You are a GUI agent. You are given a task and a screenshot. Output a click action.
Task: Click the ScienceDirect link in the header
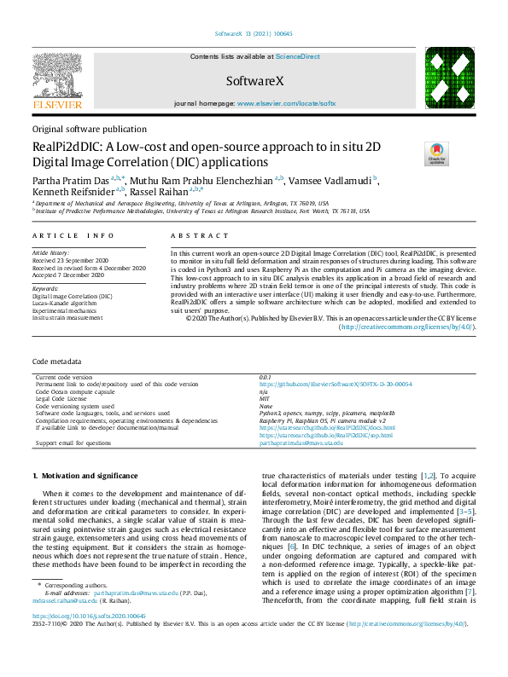pyautogui.click(x=297, y=55)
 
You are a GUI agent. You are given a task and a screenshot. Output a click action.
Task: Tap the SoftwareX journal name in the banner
pyautogui.click(x=254, y=81)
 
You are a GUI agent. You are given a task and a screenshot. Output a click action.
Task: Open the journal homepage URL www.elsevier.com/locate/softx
pyautogui.click(x=286, y=102)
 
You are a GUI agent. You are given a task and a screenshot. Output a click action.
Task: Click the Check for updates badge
pyautogui.click(x=437, y=153)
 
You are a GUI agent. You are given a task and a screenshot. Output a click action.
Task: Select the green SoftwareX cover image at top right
pyautogui.click(x=444, y=78)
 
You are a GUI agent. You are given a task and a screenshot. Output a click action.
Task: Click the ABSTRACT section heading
pyautogui.click(x=194, y=235)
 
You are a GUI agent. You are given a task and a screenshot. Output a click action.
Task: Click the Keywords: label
pyautogui.click(x=47, y=289)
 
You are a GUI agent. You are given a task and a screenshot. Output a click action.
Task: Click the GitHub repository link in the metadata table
pyautogui.click(x=336, y=408)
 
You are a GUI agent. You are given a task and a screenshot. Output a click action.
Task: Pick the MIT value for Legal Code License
pyautogui.click(x=265, y=421)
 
